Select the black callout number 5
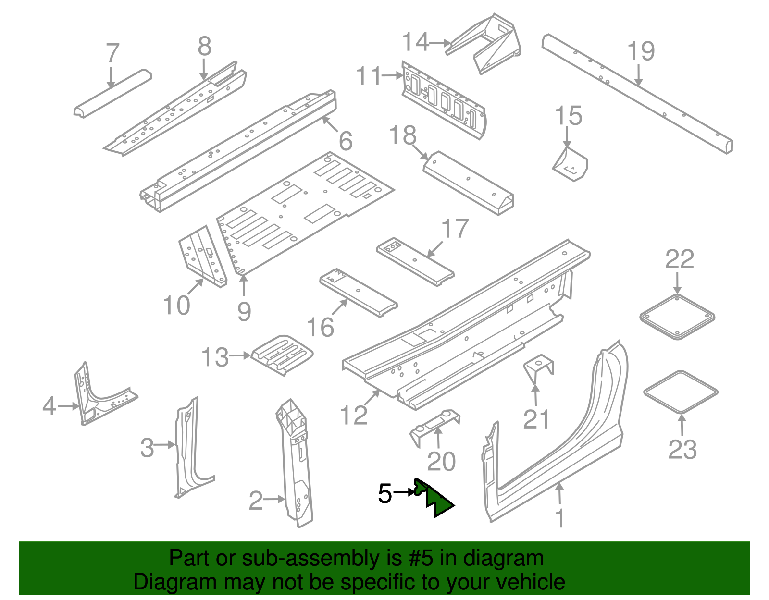pos(385,493)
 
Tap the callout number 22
pos(679,260)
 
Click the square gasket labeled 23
pos(681,392)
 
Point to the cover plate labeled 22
pos(677,318)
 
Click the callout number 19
pos(641,52)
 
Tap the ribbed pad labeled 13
pos(283,355)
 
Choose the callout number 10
pos(176,306)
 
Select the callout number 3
pos(147,447)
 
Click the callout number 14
pos(415,42)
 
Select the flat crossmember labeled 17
pos(415,262)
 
